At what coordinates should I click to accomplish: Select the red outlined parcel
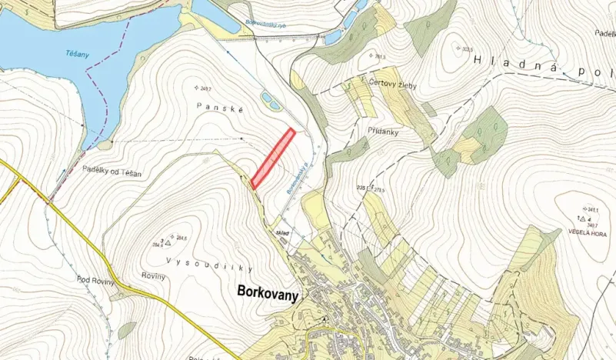[273, 158]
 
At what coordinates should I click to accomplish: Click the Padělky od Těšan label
[112, 175]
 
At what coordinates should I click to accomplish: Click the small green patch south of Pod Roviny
[126, 330]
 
